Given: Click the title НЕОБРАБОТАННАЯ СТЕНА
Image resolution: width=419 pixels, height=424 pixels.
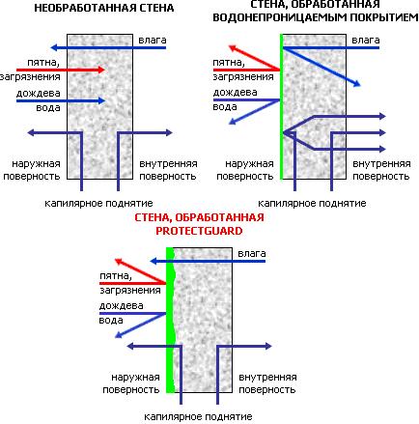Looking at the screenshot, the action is pos(104,8).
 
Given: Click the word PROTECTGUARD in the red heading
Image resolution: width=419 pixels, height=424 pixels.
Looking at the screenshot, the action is pos(199,231).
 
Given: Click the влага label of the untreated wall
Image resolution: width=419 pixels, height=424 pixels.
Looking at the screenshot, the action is pos(153,41).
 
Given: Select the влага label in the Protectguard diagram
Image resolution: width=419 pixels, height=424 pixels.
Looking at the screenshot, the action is pos(252,254).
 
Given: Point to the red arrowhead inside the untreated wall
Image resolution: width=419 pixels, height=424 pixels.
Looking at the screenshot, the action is pos(101,70).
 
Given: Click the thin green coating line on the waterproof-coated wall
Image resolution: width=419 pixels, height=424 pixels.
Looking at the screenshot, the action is pos(281,106).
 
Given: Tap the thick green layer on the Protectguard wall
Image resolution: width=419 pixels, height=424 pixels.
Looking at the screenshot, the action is pos(170,321).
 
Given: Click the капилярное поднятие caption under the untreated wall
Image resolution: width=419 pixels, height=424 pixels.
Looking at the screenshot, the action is pos(98,204).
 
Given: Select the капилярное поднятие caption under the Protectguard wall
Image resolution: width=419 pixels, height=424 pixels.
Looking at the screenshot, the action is pos(198,417).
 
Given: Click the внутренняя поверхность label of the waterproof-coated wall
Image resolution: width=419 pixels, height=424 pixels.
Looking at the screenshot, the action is pos(381,170).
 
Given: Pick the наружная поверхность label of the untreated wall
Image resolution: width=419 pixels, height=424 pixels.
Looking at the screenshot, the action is pos(32,170).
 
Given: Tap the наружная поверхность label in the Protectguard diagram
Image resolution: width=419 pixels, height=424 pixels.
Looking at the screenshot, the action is pos(131,383).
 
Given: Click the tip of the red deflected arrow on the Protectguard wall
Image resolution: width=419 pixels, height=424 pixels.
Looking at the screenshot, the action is pos(116,259).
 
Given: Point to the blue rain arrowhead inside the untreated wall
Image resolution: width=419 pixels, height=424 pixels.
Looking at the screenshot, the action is pos(101,100).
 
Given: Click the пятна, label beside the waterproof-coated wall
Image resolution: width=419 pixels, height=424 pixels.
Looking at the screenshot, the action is pos(229,63).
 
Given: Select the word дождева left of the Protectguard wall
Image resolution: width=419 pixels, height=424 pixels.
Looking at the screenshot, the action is pos(121,305).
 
